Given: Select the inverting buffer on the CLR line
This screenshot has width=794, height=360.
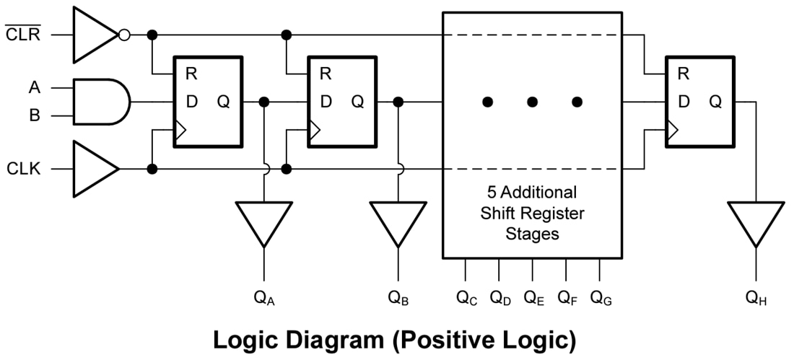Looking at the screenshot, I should [x=94, y=35].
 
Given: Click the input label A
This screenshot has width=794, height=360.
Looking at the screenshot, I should [x=34, y=87].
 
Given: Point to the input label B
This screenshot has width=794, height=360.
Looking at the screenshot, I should [x=34, y=115].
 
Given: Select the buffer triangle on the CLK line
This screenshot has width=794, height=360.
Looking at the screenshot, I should [x=94, y=170].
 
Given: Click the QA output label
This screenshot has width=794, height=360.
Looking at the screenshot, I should [x=264, y=297].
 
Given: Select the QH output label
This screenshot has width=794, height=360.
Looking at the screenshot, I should [x=756, y=297].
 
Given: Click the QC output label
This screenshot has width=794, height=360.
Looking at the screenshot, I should [x=466, y=297].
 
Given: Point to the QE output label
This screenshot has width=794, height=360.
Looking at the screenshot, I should [x=533, y=297].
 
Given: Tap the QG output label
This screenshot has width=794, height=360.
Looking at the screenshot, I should [x=601, y=297].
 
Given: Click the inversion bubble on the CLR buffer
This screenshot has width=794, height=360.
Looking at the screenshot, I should [x=125, y=35].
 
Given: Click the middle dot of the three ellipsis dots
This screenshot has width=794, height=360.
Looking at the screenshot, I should [x=532, y=102].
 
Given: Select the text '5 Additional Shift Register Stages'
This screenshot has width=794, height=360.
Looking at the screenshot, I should [x=532, y=214].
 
